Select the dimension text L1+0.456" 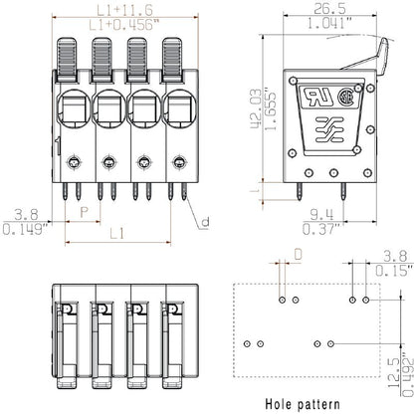coord(123,22)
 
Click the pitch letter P coord(84,213)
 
